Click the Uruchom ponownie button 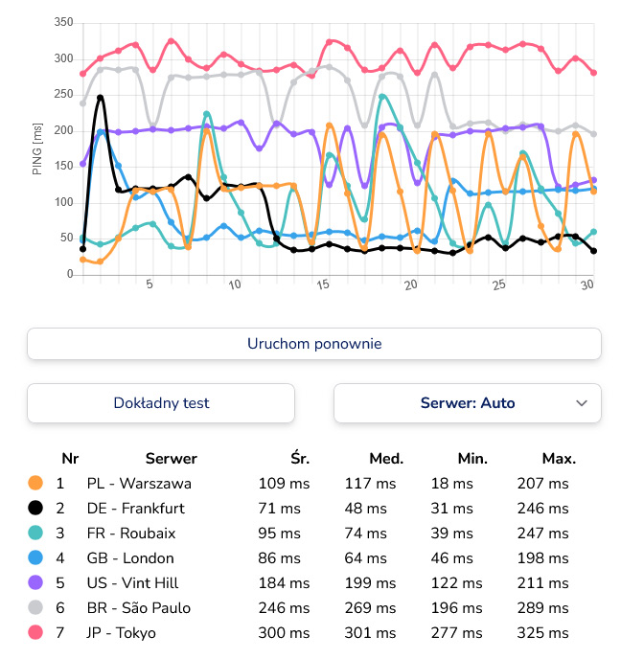click(313, 344)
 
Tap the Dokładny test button click(161, 403)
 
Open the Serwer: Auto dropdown click(467, 403)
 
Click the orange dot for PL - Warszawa click(35, 483)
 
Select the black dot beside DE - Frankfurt click(35, 508)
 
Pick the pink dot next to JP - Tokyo click(35, 632)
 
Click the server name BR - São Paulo click(138, 607)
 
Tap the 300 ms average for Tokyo click(284, 632)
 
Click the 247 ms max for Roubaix click(542, 533)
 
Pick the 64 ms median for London click(364, 557)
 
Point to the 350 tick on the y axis click(64, 22)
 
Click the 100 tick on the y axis click(64, 202)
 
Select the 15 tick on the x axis click(324, 284)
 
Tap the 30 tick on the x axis click(586, 284)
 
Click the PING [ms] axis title click(37, 148)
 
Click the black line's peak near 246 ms click(100, 97)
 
